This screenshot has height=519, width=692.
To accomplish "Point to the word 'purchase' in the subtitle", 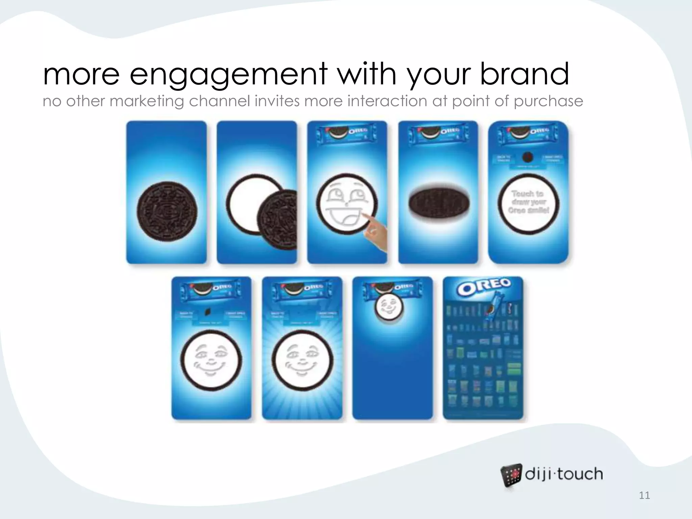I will tap(548, 101).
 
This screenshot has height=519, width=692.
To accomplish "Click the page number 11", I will tap(644, 495).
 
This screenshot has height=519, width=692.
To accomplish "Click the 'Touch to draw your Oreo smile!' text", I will tap(528, 202).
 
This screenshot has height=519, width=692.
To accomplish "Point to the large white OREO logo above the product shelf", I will tap(483, 287).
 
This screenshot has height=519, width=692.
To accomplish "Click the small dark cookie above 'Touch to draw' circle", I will tap(527, 157).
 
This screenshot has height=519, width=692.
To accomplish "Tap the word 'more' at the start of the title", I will tap(81, 74).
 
